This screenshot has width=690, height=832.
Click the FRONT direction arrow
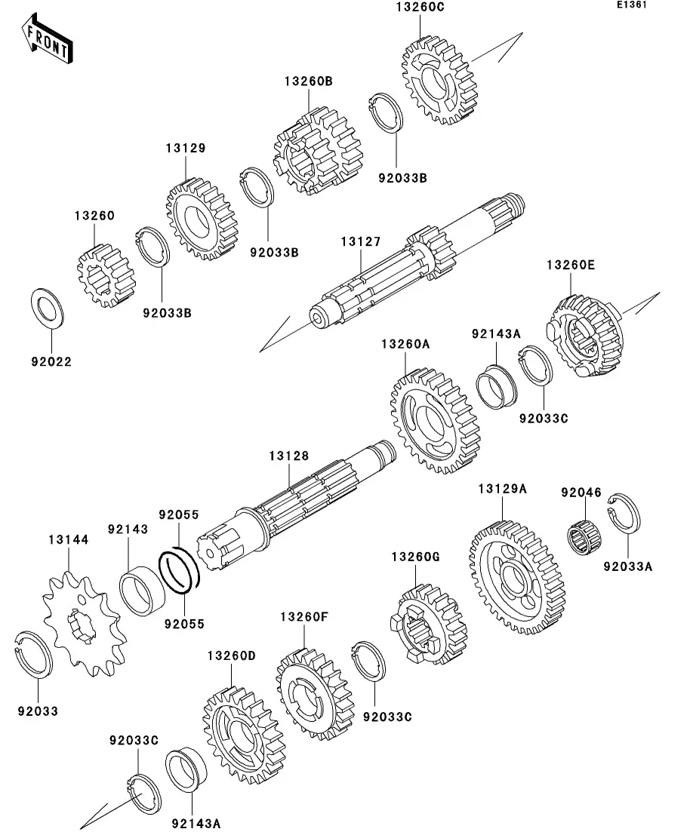47,39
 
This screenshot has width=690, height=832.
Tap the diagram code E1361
632,5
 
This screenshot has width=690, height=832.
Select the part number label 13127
361,241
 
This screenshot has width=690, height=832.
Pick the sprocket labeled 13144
85,624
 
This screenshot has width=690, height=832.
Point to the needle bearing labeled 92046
585,538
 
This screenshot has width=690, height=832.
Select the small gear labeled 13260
106,276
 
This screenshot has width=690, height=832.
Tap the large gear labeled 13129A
517,577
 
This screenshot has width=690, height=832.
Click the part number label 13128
288,456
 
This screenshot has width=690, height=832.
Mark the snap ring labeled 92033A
624,513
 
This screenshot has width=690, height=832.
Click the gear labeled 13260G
429,625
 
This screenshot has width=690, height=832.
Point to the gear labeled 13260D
244,735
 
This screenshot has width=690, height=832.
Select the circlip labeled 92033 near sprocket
32,655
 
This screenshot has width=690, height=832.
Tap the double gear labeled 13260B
318,150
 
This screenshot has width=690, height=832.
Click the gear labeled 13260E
585,336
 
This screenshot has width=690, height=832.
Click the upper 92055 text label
179,514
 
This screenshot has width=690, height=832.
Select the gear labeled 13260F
316,694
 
